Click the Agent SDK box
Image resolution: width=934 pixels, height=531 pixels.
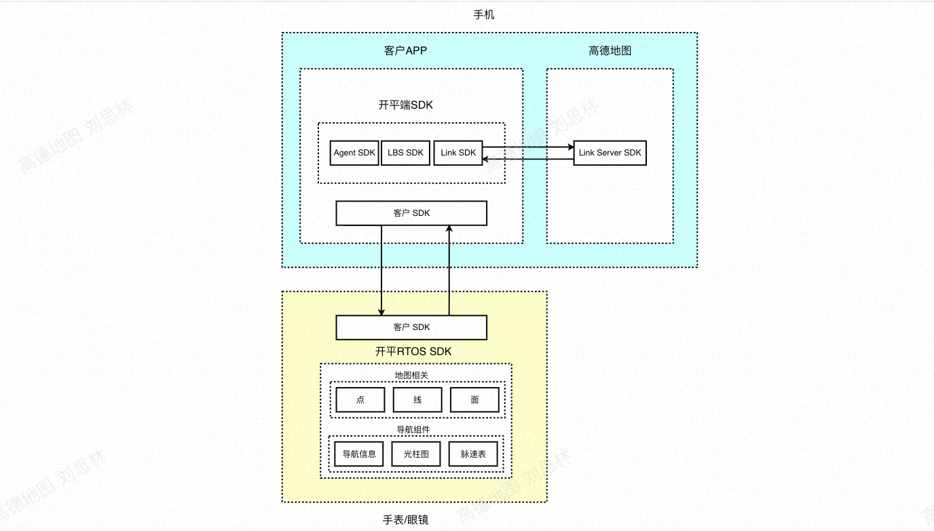coord(354,153)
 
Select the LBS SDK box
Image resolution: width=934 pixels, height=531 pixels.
coord(405,153)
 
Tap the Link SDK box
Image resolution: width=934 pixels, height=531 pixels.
coord(457,153)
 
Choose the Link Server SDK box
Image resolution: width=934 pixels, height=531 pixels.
coord(610,153)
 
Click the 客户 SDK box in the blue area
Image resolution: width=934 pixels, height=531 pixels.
coord(411,213)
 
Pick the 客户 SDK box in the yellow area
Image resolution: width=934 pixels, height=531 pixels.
coord(411,327)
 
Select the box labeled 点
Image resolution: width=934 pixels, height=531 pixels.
coord(360,400)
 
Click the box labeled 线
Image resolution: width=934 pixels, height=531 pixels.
coord(417,400)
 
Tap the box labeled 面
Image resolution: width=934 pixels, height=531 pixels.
coord(474,400)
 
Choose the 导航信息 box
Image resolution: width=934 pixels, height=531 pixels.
coord(358,454)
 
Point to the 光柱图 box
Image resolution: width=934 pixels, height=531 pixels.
coord(415,454)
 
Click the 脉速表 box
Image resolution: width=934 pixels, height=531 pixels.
coord(473,454)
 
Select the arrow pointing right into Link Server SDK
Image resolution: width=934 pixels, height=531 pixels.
coord(528,147)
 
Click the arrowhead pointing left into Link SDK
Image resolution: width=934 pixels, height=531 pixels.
coord(485,159)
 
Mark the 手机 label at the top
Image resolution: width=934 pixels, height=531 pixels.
coord(484,15)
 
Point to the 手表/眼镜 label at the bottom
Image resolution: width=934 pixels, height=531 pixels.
coord(405,519)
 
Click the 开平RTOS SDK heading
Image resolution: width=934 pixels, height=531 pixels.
coord(413,352)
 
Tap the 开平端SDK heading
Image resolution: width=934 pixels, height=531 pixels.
coord(405,105)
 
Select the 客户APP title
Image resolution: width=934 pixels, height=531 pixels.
coord(405,51)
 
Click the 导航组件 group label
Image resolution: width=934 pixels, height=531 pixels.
coord(413,430)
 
